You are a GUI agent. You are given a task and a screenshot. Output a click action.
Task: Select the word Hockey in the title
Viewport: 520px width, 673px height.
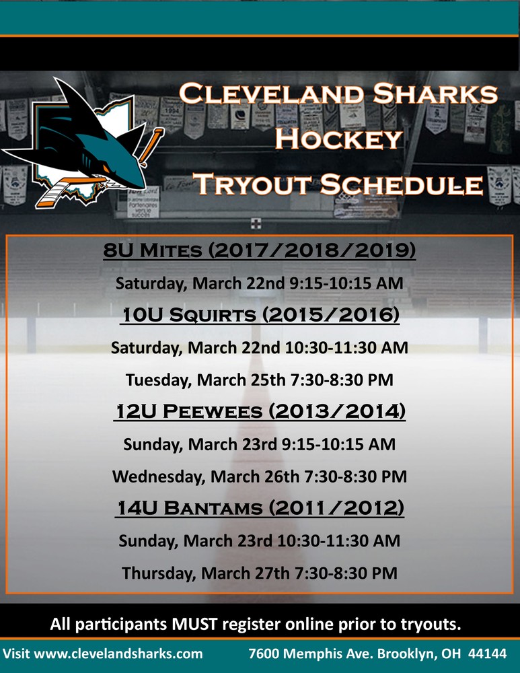pos(339,139)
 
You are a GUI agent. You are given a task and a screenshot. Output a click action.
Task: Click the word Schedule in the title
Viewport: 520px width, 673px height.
pos(402,184)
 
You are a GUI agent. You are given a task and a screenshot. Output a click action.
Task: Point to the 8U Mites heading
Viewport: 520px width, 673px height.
pos(260,250)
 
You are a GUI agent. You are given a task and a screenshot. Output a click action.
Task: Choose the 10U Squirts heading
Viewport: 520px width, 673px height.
pos(260,314)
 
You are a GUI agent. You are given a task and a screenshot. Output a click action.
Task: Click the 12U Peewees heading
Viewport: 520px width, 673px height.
pos(260,411)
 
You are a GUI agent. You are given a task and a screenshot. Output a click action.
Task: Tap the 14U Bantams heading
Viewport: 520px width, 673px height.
pos(260,507)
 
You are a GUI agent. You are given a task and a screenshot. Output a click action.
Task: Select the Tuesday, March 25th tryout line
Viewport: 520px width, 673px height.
pos(260,380)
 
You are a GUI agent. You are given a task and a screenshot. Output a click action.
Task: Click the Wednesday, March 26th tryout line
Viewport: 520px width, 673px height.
pos(260,476)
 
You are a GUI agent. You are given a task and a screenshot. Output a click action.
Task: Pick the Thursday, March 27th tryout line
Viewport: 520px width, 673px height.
pos(260,573)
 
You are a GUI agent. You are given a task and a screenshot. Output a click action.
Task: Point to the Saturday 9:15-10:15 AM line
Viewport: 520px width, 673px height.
pos(260,283)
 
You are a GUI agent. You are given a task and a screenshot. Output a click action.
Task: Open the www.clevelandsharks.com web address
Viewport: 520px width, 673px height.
pos(118,653)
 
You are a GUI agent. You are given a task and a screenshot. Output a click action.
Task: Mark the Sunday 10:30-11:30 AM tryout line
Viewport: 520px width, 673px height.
pos(260,541)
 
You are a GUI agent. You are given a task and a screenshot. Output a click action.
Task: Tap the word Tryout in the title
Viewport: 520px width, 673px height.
pos(254,184)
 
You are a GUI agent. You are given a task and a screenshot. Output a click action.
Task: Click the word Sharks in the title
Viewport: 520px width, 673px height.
pos(435,94)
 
